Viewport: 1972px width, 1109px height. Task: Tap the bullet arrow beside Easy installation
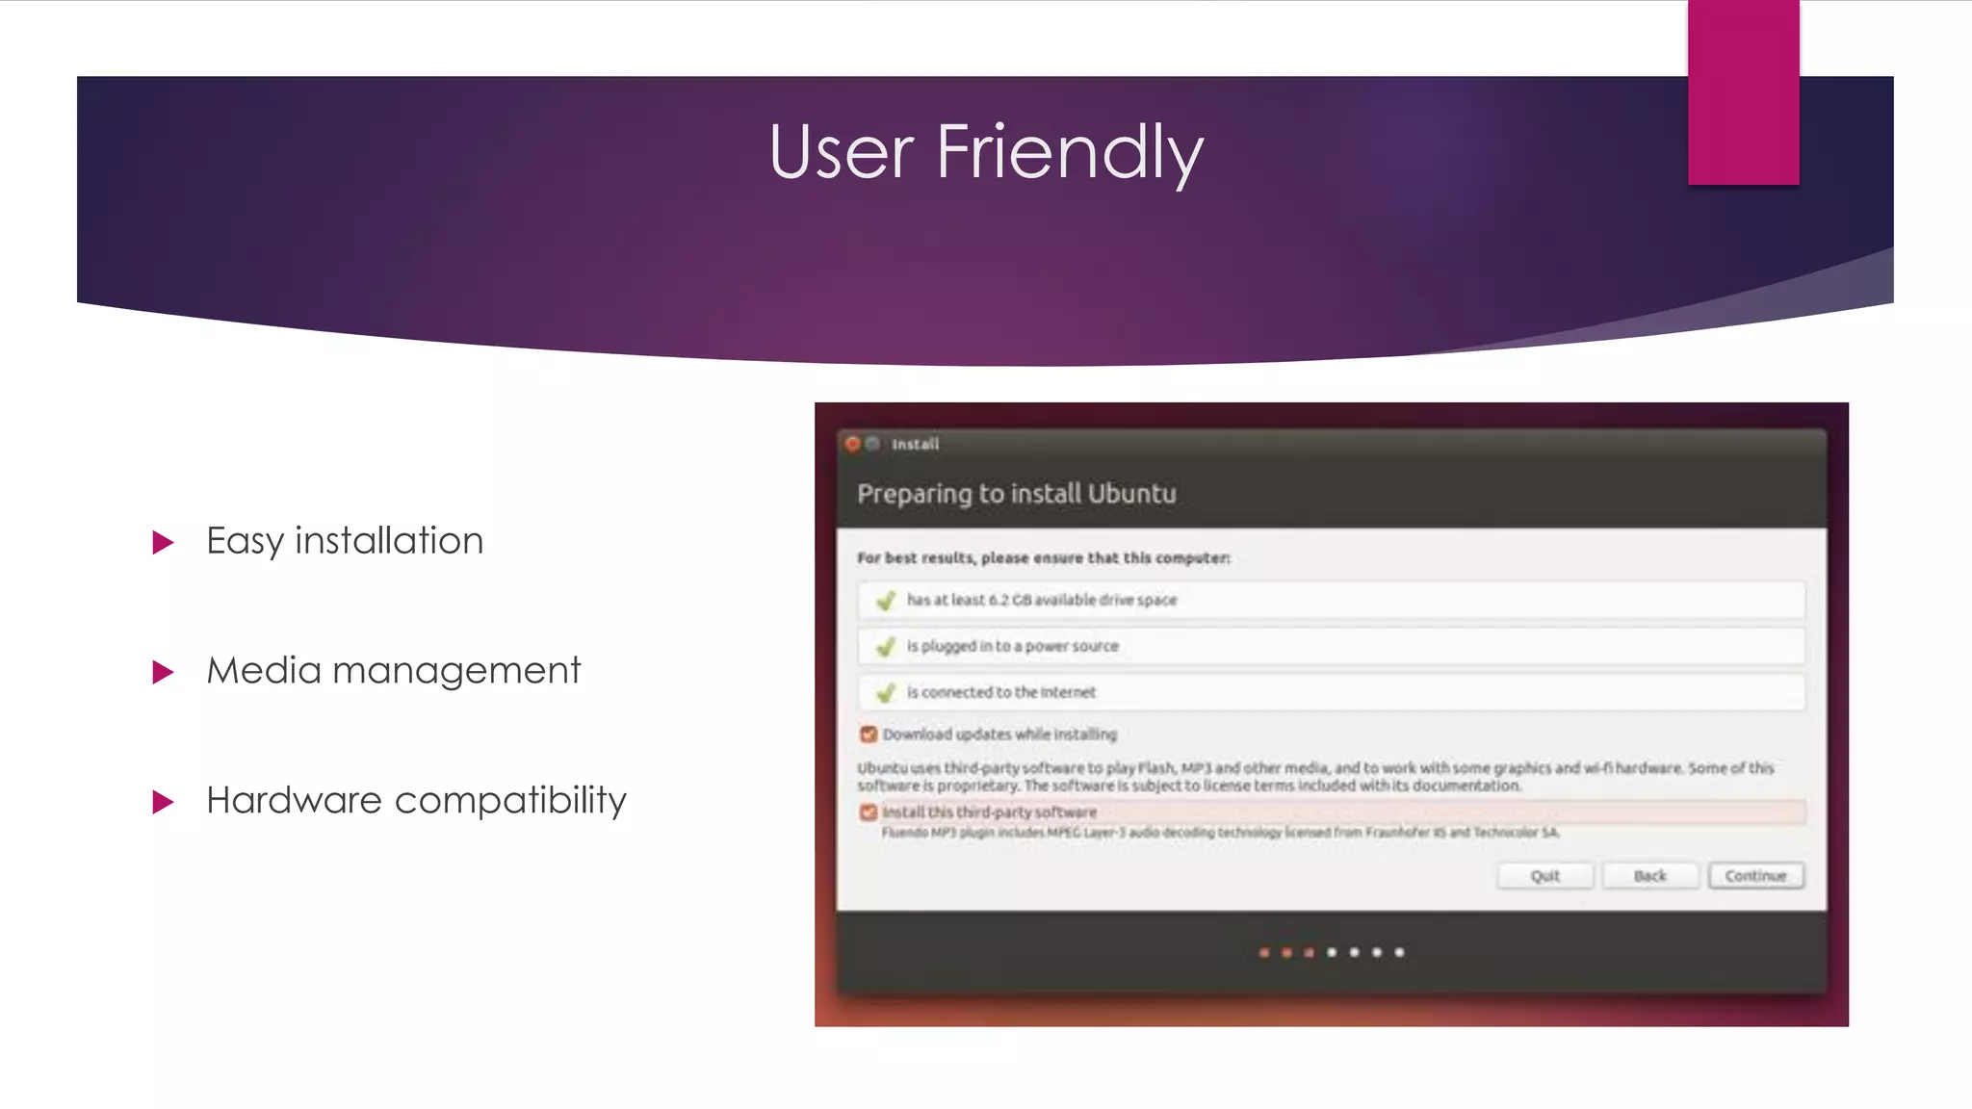point(164,543)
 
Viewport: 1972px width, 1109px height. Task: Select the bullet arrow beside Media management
point(164,672)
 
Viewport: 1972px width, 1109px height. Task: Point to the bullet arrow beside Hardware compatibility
point(164,802)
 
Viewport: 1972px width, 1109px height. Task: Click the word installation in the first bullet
point(389,541)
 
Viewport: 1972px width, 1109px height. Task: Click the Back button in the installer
point(1649,876)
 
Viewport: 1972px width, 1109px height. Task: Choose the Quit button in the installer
point(1544,876)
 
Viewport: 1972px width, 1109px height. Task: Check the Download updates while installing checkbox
point(869,735)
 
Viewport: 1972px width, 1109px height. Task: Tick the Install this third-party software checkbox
point(869,812)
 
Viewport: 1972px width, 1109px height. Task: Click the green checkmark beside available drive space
point(886,601)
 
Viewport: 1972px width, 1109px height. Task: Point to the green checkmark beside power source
point(886,647)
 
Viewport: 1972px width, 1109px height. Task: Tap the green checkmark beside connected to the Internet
point(886,692)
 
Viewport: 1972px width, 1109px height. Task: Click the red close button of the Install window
point(852,444)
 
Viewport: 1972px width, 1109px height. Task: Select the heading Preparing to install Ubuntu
point(1016,494)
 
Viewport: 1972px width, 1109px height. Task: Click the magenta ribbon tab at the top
point(1743,92)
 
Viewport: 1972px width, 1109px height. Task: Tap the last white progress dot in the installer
point(1399,952)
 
